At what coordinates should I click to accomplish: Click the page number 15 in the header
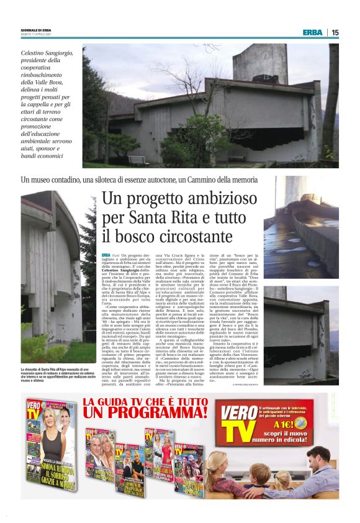pos(335,32)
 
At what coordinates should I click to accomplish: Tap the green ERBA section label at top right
pos(312,32)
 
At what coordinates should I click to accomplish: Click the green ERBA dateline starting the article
pos(107,255)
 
